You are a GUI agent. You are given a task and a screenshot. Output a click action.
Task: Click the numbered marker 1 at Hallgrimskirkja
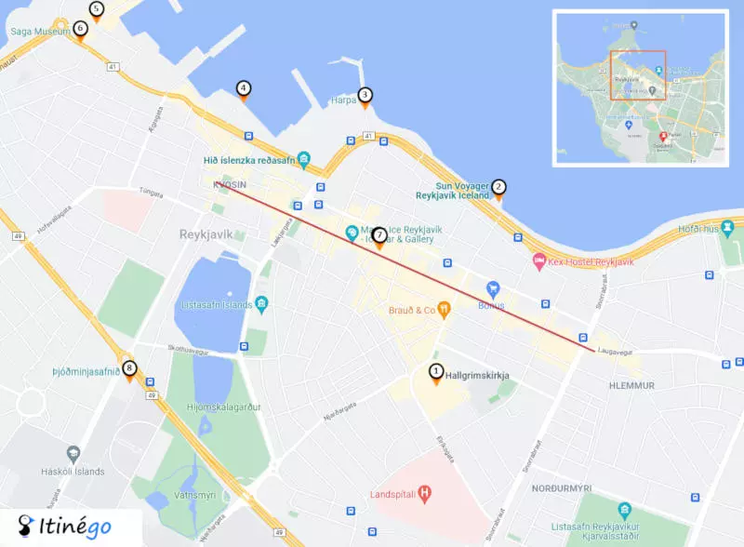(x=435, y=372)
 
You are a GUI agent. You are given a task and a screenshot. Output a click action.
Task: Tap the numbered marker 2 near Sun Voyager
(x=498, y=187)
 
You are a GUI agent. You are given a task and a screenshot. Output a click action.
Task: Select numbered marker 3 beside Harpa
(x=365, y=95)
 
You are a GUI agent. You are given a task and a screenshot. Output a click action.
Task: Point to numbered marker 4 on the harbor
(x=244, y=89)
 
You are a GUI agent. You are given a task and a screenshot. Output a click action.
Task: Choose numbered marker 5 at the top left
(x=96, y=9)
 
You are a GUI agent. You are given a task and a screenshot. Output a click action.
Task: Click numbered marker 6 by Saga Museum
(x=80, y=29)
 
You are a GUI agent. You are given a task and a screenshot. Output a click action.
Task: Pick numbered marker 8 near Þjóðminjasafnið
(x=129, y=368)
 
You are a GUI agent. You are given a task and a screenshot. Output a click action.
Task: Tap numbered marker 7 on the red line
(x=379, y=235)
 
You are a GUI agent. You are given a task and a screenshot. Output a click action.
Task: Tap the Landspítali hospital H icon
(x=425, y=492)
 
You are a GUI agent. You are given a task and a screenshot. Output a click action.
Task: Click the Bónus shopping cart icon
(x=494, y=287)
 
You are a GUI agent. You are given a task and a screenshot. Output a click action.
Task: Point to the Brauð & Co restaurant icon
(x=445, y=309)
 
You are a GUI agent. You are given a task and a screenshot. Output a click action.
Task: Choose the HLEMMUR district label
(x=631, y=385)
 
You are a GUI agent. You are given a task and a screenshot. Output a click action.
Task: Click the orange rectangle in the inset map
(x=638, y=74)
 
